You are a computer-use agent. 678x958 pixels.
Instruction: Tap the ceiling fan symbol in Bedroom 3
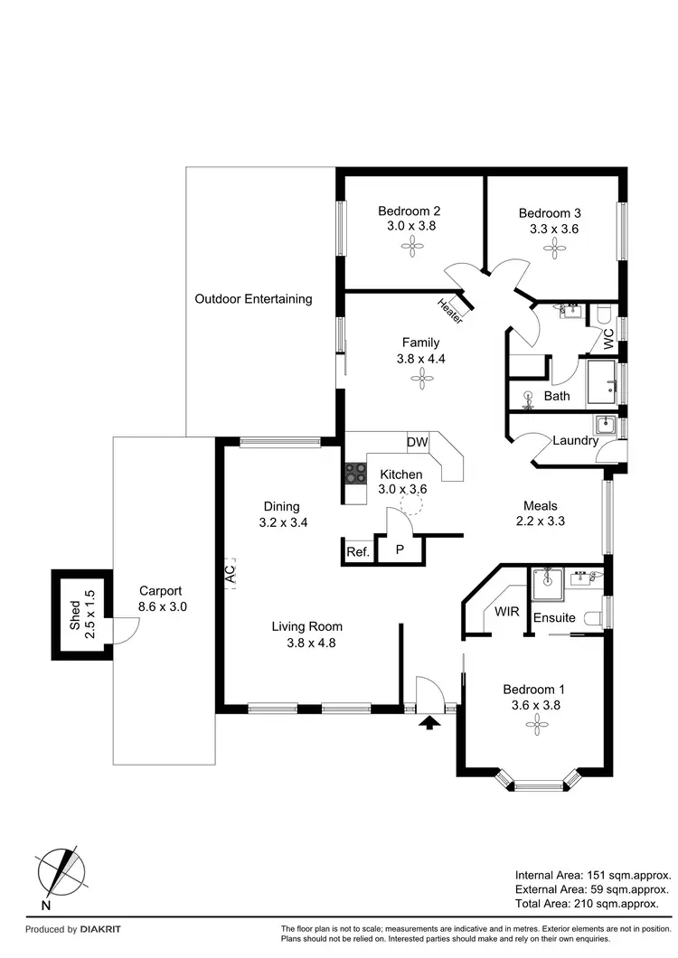point(550,250)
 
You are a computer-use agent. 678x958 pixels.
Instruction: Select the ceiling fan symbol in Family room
point(418,381)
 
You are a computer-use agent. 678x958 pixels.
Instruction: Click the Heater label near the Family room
point(449,311)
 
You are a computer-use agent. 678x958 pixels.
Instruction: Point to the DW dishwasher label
point(416,442)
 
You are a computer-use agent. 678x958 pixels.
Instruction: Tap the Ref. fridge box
point(357,551)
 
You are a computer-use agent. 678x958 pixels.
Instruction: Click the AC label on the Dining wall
point(230,572)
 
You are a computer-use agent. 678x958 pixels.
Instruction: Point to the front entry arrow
point(430,720)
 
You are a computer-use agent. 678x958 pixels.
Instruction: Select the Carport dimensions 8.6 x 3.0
point(163,606)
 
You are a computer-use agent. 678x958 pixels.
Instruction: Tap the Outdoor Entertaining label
point(253,298)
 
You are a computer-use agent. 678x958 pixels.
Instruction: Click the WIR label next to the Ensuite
point(506,611)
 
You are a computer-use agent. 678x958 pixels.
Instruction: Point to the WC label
point(607,340)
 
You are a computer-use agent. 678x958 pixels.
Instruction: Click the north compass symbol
point(61,873)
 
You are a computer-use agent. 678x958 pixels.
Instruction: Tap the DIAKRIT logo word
point(99,929)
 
